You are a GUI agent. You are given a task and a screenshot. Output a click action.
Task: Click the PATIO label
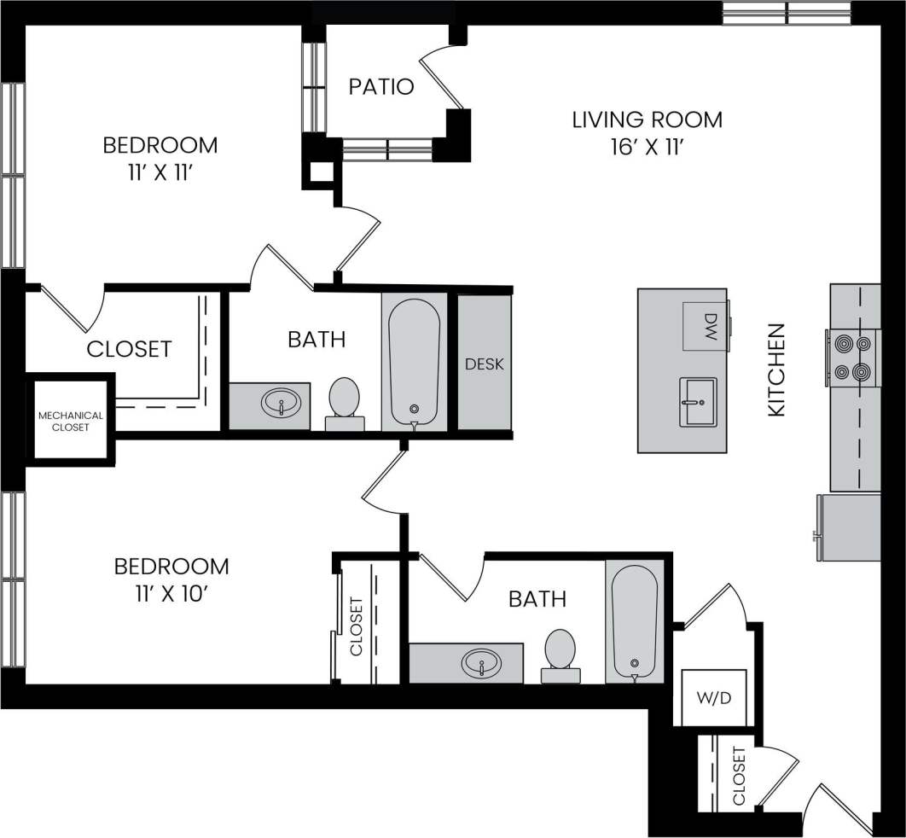click(x=381, y=87)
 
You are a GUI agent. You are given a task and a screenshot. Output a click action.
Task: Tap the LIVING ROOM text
click(x=647, y=119)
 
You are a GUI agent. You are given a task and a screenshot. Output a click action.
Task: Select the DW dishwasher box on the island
click(x=705, y=325)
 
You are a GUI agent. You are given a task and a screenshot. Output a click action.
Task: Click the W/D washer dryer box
click(x=714, y=696)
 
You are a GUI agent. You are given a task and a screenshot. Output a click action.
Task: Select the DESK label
click(x=485, y=364)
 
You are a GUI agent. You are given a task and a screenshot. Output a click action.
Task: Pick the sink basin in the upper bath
click(x=282, y=402)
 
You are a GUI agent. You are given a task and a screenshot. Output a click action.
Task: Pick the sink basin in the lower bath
click(x=481, y=662)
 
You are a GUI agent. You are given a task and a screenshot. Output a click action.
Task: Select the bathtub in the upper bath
click(x=414, y=360)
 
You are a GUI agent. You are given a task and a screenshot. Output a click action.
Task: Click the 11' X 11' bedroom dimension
click(x=160, y=173)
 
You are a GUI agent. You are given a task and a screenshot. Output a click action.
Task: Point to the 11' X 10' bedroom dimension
click(x=171, y=593)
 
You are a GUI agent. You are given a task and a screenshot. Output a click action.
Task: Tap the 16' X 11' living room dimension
click(x=647, y=148)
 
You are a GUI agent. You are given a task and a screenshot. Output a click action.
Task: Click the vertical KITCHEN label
click(x=776, y=370)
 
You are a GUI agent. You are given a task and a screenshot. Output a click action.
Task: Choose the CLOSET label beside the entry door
click(x=739, y=776)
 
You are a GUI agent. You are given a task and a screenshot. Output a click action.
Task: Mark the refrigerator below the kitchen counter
click(x=849, y=527)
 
